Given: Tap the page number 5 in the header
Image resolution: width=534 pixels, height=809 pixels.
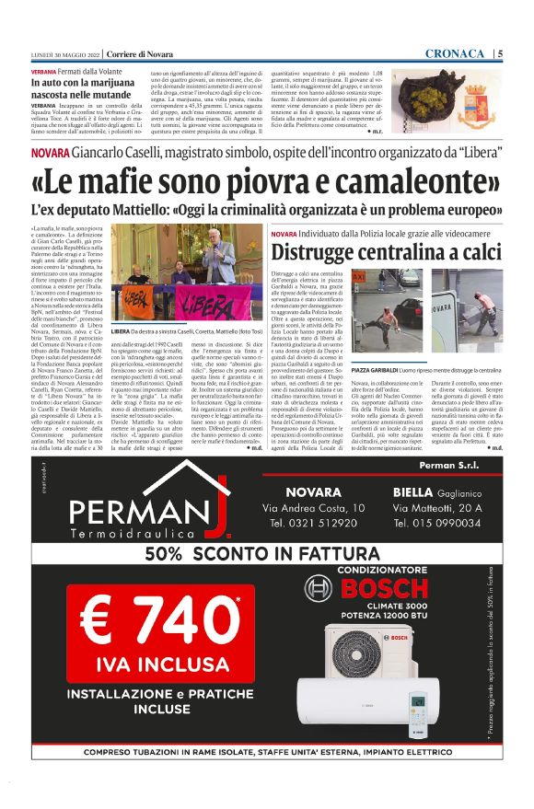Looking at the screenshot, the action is click(499, 53).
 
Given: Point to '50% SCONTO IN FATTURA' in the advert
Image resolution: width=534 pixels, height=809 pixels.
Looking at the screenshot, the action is click(267, 554).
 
